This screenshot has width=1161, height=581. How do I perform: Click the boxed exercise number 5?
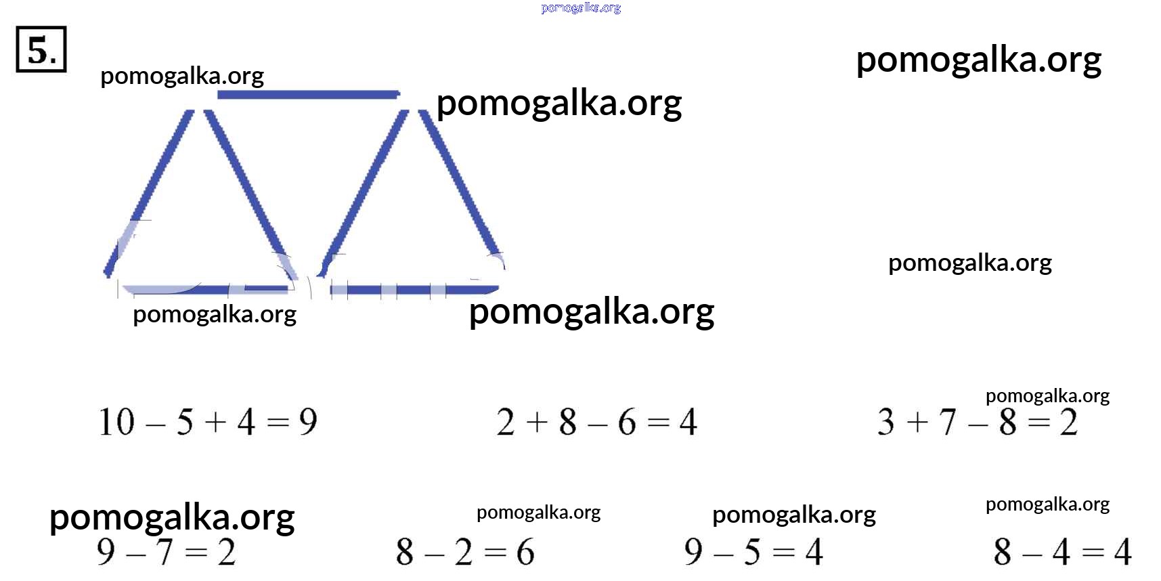(41, 49)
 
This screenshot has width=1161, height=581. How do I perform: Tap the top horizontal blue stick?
(309, 94)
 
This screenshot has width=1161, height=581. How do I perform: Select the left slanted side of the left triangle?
(148, 193)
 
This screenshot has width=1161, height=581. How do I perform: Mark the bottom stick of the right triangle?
(414, 290)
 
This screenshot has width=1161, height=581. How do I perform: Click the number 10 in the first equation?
(116, 422)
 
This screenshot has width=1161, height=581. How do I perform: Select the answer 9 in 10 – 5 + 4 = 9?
(308, 422)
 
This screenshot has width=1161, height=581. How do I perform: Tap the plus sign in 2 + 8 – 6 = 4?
(536, 423)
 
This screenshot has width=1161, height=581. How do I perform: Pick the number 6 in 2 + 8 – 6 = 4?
(627, 422)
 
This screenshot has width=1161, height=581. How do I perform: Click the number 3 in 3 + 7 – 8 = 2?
(885, 422)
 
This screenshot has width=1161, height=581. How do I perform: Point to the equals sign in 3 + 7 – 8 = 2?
(1038, 423)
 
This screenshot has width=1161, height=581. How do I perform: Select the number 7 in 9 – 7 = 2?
(165, 552)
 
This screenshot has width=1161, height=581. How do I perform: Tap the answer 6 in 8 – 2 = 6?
(525, 552)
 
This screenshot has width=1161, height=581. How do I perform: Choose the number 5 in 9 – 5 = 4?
(752, 552)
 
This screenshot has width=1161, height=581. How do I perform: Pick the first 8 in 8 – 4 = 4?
(1003, 552)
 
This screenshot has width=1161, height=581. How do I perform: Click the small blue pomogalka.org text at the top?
(581, 8)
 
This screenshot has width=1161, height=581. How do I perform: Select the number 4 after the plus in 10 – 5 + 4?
(246, 422)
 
